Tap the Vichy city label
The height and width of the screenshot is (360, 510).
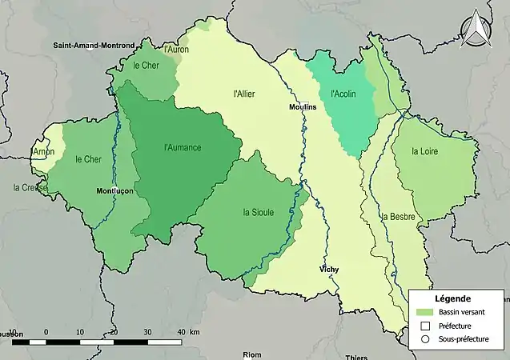pyautogui.click(x=328, y=270)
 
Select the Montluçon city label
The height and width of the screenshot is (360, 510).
pyautogui.click(x=114, y=192)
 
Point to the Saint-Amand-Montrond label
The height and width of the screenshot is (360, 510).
pyautogui.click(x=94, y=46)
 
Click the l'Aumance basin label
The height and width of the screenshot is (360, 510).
pyautogui.click(x=182, y=147)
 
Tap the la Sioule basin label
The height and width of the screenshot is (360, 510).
pyautogui.click(x=258, y=212)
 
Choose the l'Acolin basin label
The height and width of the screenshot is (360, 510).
pyautogui.click(x=343, y=94)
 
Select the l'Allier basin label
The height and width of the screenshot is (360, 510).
pyautogui.click(x=243, y=94)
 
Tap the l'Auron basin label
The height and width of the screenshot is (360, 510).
pyautogui.click(x=176, y=50)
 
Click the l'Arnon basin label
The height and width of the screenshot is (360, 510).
pyautogui.click(x=43, y=151)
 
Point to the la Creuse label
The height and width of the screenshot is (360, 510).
pyautogui.click(x=30, y=188)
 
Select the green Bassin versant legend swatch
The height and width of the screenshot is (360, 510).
pyautogui.click(x=424, y=312)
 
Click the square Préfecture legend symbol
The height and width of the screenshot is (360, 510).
pyautogui.click(x=424, y=326)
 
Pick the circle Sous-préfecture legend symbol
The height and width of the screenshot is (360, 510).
pyautogui.click(x=424, y=340)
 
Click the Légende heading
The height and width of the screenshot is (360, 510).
pyautogui.click(x=452, y=298)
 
